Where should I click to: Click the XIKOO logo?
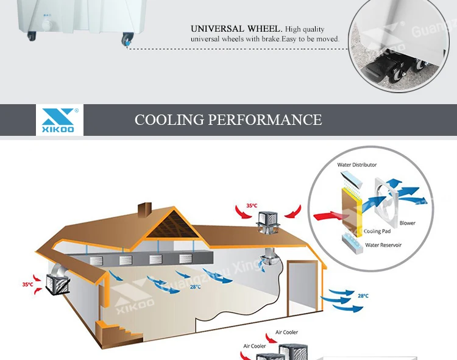click(59, 119)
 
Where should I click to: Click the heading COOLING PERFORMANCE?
click(228, 119)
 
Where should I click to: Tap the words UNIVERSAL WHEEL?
click(236, 29)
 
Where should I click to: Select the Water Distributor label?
click(357, 165)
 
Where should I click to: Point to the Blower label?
click(407, 223)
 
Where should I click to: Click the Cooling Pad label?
click(378, 231)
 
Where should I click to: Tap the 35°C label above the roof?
click(252, 206)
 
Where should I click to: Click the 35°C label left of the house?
click(28, 284)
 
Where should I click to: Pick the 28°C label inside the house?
click(195, 286)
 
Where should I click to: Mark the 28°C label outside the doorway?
click(363, 295)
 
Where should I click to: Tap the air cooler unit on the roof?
click(267, 220)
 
